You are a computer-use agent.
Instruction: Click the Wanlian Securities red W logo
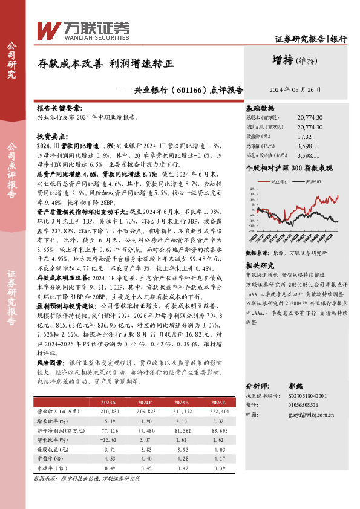pyautogui.click(x=49, y=30)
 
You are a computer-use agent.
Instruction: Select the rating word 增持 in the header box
pyautogui.click(x=284, y=60)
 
